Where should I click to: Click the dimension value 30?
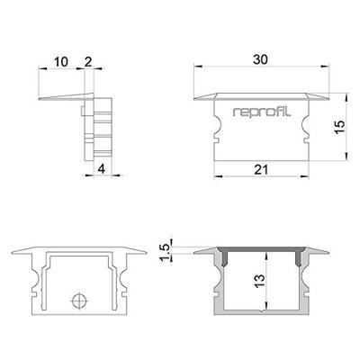tap(260, 59)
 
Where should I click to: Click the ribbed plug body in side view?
tap(101, 126)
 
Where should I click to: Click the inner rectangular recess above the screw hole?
tap(80, 270)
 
